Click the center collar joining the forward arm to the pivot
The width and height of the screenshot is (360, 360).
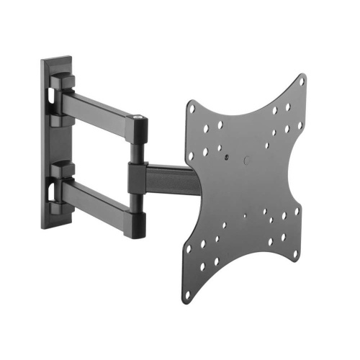(138, 177)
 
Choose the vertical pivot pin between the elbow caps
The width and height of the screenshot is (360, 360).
(135, 151)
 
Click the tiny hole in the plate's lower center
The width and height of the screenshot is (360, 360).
(245, 215)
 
